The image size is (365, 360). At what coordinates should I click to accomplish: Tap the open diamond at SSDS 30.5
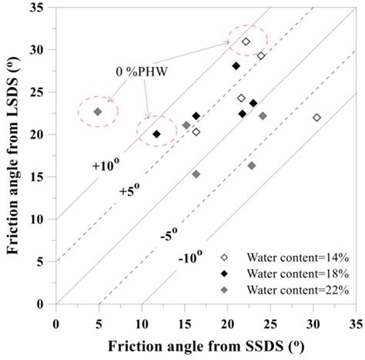316,117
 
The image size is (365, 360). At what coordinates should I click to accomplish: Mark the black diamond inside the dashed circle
156,134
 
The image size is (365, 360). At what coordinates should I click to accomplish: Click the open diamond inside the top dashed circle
246,42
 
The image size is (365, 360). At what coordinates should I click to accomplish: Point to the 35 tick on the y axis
44,7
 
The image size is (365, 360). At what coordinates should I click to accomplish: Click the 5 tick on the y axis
46,262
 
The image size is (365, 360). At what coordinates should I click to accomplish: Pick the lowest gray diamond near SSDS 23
252,166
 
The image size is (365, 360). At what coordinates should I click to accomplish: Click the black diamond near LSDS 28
236,66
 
